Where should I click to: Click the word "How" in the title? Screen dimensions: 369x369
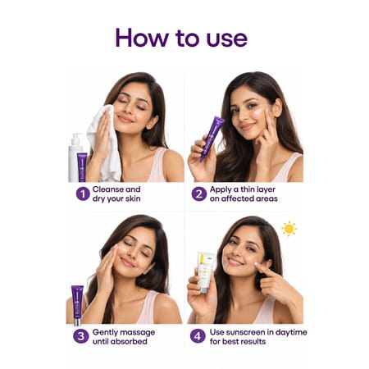[142, 38]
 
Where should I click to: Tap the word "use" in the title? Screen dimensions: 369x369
[227, 39]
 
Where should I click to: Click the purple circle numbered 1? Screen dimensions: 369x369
[83, 194]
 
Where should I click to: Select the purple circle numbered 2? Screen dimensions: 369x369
[199, 194]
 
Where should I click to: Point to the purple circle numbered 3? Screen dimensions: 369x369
[81, 336]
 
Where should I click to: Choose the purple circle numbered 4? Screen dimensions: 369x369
[198, 336]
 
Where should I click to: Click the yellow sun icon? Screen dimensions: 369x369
[289, 229]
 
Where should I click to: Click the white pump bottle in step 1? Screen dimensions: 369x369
[75, 157]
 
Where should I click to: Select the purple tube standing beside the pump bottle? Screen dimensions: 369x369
[82, 167]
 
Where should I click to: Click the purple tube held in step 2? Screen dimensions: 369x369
[212, 138]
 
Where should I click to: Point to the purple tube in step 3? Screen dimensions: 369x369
[77, 305]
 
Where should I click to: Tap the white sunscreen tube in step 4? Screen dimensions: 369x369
[206, 272]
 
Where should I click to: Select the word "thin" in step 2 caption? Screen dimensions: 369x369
[248, 189]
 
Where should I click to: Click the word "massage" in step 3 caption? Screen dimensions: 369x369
[138, 333]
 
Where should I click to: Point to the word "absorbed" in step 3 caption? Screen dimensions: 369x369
[130, 341]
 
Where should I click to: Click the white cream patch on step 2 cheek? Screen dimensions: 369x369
[259, 112]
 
